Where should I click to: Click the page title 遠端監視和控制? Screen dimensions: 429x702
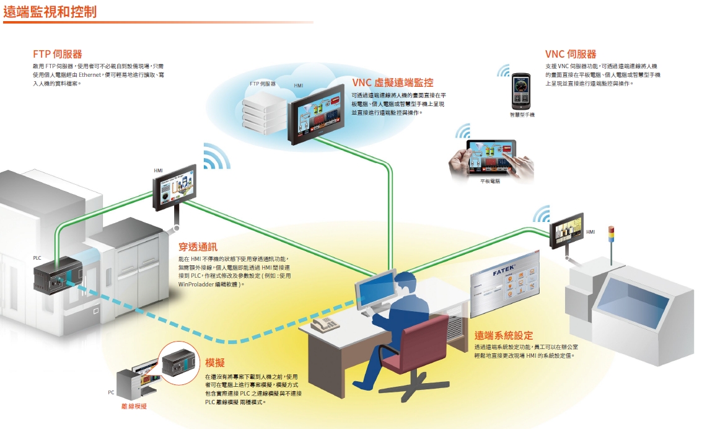point(50,12)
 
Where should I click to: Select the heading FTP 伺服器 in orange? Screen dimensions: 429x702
point(58,54)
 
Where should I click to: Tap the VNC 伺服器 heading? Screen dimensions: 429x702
point(571,54)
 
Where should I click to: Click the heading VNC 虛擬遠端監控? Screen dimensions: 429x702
point(392,82)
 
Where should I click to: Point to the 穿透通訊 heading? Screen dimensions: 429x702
point(198,247)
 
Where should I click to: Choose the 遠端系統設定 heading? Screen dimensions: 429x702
point(503,335)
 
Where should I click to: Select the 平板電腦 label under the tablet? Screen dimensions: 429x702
point(489,181)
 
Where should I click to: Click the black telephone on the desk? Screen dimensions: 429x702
point(325,324)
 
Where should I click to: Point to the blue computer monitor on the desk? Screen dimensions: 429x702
point(375,289)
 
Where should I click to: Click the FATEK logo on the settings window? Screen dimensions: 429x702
point(505,270)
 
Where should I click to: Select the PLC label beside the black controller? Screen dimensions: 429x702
point(37,256)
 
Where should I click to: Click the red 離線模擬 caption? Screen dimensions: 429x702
point(134,406)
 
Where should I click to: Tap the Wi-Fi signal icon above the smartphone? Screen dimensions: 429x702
point(503,71)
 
